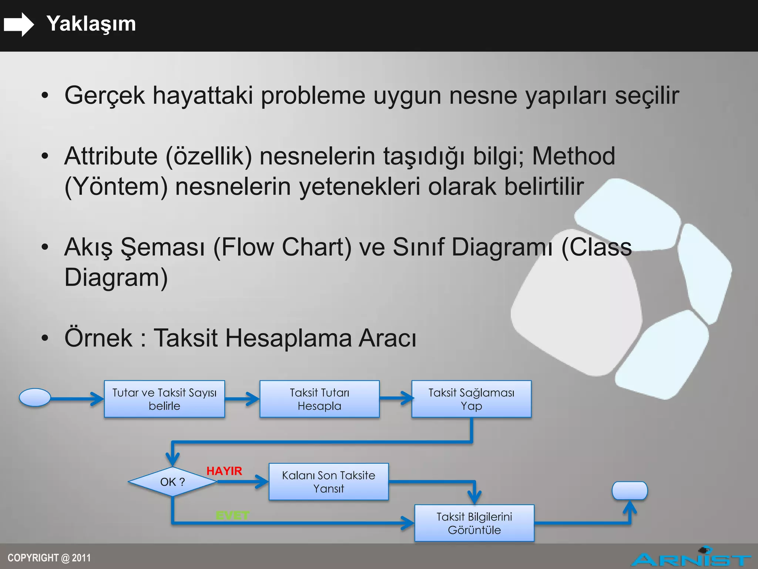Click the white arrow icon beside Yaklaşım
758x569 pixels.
pyautogui.click(x=19, y=24)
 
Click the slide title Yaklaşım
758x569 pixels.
pyautogui.click(x=91, y=24)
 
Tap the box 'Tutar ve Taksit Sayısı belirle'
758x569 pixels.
pyautogui.click(x=164, y=399)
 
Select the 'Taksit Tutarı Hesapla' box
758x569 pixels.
pyautogui.click(x=319, y=399)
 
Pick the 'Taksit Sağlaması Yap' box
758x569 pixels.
pyautogui.click(x=471, y=399)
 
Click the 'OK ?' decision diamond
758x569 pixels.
pyautogui.click(x=172, y=482)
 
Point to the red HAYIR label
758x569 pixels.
pyautogui.click(x=224, y=471)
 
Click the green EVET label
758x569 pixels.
pyautogui.click(x=232, y=515)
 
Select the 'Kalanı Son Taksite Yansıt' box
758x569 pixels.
pyautogui.click(x=328, y=482)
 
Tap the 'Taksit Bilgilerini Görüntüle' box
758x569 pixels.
pyautogui.click(x=474, y=523)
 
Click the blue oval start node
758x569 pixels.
pyautogui.click(x=35, y=397)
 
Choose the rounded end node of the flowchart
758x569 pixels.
pyautogui.click(x=630, y=490)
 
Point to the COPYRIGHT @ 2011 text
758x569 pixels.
pyautogui.click(x=49, y=558)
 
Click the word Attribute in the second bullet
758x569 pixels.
pyautogui.click(x=111, y=156)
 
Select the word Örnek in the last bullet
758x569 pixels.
pyautogui.click(x=98, y=338)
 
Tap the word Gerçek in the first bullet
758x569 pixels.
pyautogui.click(x=104, y=96)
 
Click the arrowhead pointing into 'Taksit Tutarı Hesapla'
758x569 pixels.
pyautogui.click(x=254, y=399)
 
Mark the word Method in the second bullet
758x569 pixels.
pyautogui.click(x=573, y=156)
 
